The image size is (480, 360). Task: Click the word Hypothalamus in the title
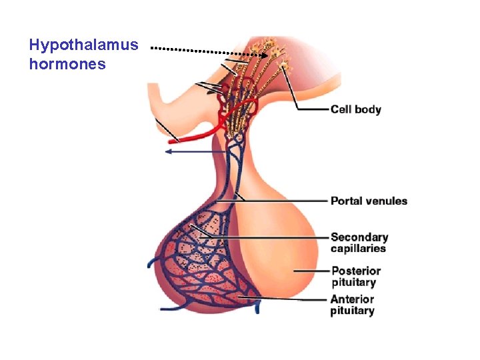pyautogui.click(x=84, y=45)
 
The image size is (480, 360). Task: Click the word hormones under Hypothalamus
pyautogui.click(x=67, y=65)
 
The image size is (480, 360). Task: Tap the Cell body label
pyautogui.click(x=356, y=109)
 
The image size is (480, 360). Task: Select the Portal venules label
pyautogui.click(x=369, y=201)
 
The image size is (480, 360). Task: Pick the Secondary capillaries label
pyautogui.click(x=359, y=243)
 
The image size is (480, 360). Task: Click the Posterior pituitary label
pyautogui.click(x=356, y=276)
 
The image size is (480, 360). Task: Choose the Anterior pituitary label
pyautogui.click(x=352, y=305)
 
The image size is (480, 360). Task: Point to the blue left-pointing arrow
pyautogui.click(x=193, y=151)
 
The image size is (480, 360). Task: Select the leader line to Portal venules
pyautogui.click(x=287, y=201)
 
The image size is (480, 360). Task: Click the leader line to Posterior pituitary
pyautogui.click(x=311, y=271)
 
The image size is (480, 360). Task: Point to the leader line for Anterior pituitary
pyautogui.click(x=293, y=299)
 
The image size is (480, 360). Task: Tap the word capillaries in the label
pyautogui.click(x=359, y=249)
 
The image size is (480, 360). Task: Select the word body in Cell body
pyautogui.click(x=368, y=109)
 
